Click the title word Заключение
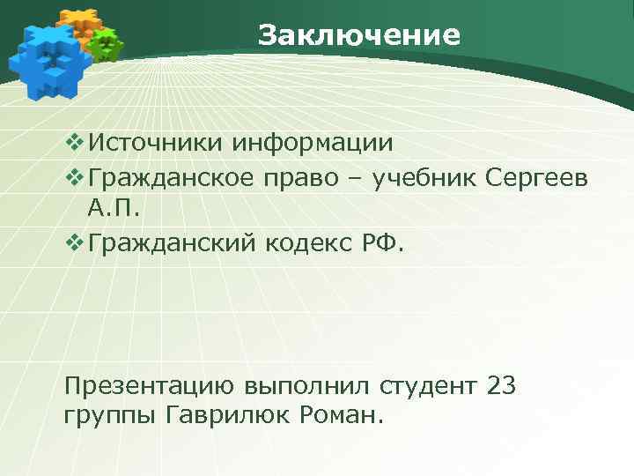point(359,35)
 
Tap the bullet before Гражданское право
point(73,179)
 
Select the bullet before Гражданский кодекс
point(73,243)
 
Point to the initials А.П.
point(114,210)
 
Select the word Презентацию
point(149,386)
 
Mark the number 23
point(499,385)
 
